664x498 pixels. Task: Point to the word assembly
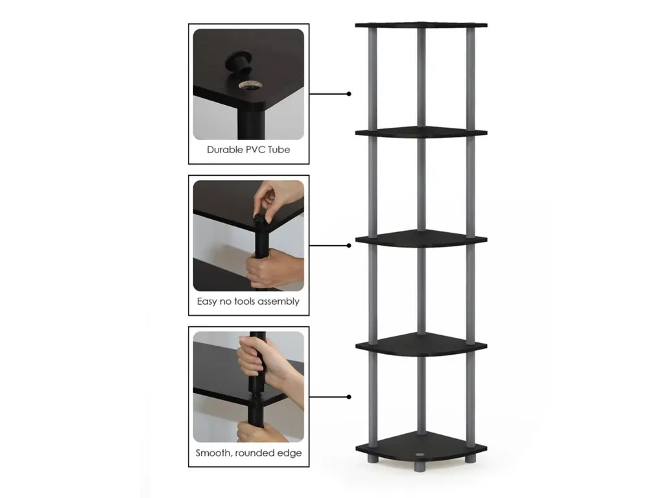(279, 302)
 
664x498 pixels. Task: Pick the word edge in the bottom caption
(289, 453)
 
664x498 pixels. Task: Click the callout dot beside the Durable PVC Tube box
(349, 94)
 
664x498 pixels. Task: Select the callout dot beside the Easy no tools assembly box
(349, 246)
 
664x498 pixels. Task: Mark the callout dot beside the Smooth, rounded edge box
(349, 397)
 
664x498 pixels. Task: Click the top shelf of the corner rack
(421, 25)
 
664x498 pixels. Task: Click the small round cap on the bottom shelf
(420, 455)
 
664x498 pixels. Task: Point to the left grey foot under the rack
(372, 458)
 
